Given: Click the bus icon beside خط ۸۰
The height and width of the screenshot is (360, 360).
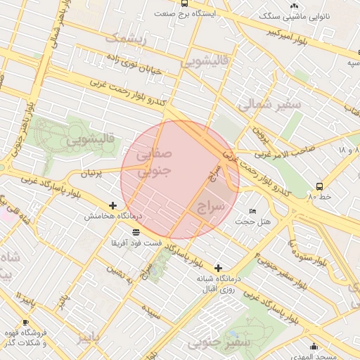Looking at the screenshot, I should click(319, 186).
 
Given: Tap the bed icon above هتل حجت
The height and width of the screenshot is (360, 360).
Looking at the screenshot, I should click(252, 212).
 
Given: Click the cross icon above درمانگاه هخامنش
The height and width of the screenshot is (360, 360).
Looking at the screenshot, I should click(112, 205).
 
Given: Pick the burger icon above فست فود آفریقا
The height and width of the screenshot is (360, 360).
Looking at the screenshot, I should click(134, 231).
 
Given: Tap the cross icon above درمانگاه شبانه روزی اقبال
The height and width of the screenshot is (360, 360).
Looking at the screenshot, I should click(219, 268).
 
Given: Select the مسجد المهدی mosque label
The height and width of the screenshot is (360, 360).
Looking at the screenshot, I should click(331, 357).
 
